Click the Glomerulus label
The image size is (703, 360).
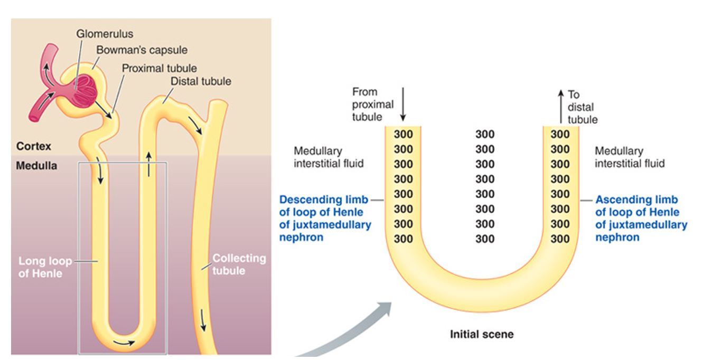click(x=112, y=34)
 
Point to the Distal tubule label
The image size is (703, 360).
click(x=201, y=82)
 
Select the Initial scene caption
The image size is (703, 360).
click(x=481, y=334)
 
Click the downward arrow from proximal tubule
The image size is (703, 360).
click(x=403, y=104)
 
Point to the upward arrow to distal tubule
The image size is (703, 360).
click(x=560, y=106)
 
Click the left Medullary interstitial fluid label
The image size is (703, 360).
click(x=329, y=157)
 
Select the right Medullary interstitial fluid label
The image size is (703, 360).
click(x=630, y=157)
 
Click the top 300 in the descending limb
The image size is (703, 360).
click(x=403, y=134)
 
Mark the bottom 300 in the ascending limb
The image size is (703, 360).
click(x=560, y=239)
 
